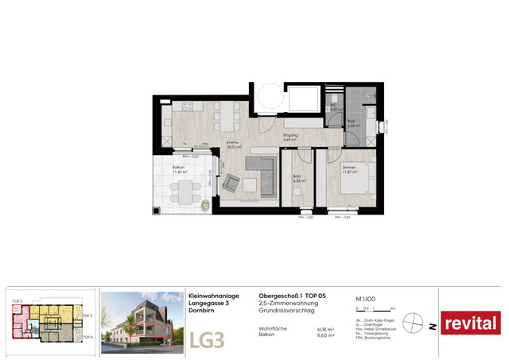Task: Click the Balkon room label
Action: (180, 168)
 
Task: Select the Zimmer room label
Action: (348, 169)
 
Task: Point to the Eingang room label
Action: (291, 136)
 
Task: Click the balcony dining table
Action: (185, 192)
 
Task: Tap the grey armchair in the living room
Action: (231, 184)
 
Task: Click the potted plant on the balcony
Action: (205, 203)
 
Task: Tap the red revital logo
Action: (470, 323)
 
